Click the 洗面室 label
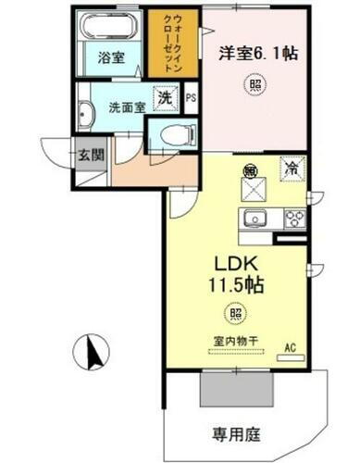point(127,106)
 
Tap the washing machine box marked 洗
point(165,96)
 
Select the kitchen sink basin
point(254,219)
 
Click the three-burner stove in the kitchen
point(294,219)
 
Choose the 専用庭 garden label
point(233,432)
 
